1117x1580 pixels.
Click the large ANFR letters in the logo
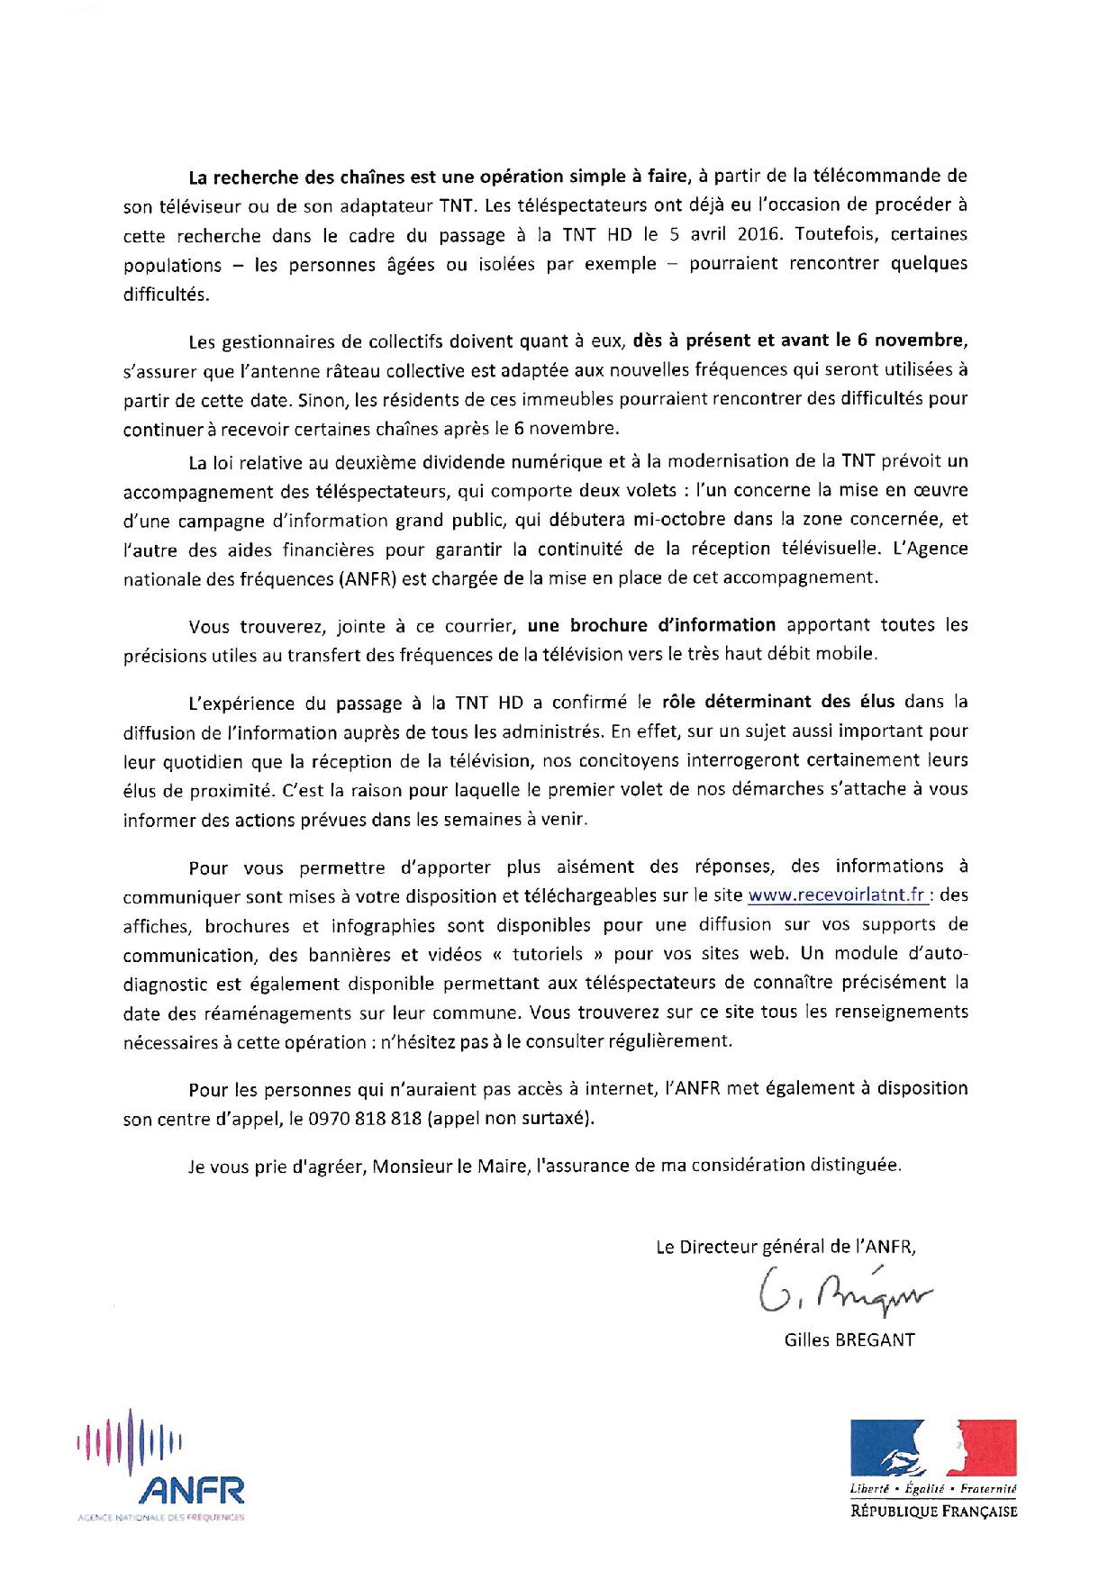[190, 1490]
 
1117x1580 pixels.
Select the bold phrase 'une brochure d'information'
[651, 625]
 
